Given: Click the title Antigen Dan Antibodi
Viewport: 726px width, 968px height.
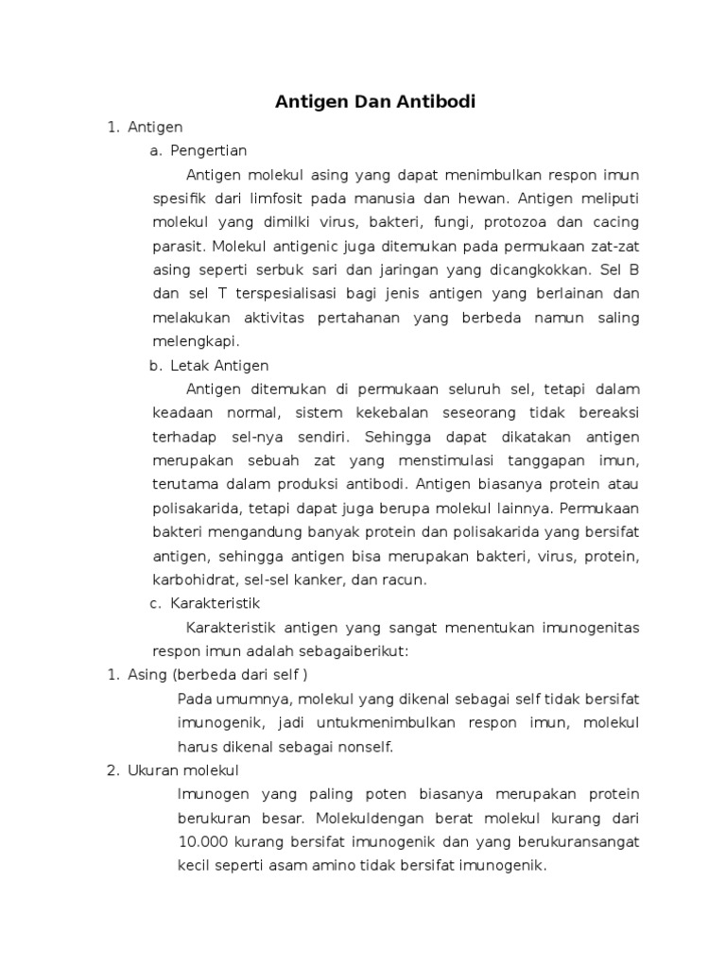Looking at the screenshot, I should click(x=375, y=100).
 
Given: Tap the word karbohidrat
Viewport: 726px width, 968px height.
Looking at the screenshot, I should click(x=191, y=579).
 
